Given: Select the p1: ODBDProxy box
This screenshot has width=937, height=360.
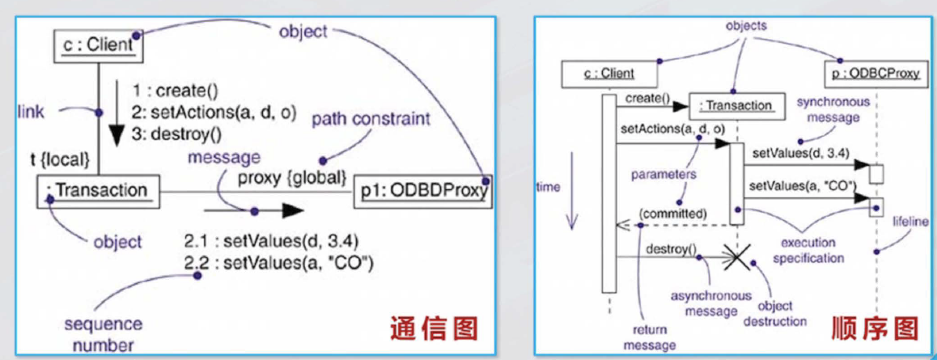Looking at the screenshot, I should coord(424,192).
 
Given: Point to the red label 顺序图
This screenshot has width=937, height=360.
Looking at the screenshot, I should coord(875,328).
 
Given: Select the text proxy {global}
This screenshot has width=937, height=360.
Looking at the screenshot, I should coord(294,175).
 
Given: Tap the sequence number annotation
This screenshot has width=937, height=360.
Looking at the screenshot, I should coord(103,335).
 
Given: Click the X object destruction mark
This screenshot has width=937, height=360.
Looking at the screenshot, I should coord(736,258).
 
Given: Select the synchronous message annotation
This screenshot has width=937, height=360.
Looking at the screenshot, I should coord(833,111).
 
